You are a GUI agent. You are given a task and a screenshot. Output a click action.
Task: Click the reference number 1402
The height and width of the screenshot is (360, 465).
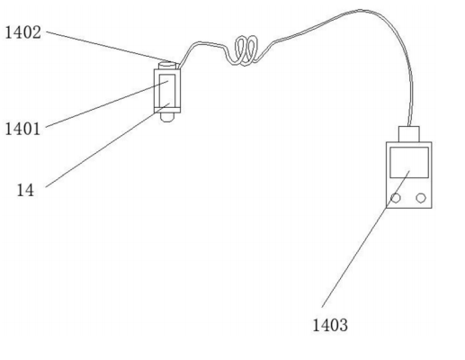[23, 32]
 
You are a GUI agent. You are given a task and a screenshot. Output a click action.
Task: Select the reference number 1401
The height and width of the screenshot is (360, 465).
[22, 129]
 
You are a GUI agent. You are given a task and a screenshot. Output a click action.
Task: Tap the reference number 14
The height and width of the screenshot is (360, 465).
[25, 190]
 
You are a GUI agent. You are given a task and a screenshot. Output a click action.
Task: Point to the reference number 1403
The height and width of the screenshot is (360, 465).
[330, 325]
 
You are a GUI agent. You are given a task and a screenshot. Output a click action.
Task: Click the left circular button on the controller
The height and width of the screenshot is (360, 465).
[396, 198]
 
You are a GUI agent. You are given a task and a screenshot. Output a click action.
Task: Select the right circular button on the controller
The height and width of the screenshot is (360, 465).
[421, 198]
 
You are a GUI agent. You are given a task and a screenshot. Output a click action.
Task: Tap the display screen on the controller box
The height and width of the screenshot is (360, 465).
[409, 162]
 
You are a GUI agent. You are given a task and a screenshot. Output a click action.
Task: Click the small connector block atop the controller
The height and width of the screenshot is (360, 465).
[409, 134]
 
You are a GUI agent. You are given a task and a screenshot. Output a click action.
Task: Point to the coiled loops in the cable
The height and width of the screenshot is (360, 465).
[246, 50]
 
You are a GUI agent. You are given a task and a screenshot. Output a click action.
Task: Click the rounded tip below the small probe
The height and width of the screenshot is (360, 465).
[166, 117]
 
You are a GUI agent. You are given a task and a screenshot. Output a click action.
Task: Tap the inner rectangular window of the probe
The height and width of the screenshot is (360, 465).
[167, 89]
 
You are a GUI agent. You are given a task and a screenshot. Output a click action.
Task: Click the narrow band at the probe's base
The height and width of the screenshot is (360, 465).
[167, 110]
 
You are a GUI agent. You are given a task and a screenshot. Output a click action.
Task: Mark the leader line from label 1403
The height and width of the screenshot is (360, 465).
[366, 239]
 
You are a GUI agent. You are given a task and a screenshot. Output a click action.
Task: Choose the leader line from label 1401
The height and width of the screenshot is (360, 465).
[107, 104]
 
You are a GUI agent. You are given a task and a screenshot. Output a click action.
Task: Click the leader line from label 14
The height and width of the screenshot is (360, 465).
[108, 145]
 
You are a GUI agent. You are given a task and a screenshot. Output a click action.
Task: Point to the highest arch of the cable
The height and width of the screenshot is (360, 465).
[360, 10]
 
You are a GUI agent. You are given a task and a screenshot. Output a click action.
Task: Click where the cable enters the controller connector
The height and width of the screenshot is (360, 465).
[409, 126]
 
